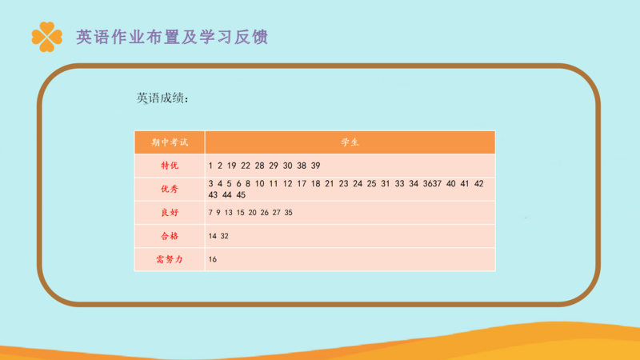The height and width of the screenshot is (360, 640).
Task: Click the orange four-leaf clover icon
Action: click(x=47, y=37)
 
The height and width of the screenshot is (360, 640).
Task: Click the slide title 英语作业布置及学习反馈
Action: click(x=172, y=37)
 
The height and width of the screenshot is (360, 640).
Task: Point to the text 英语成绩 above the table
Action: click(x=162, y=98)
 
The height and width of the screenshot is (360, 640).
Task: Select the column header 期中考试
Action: click(x=170, y=142)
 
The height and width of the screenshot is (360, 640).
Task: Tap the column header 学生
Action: click(x=350, y=142)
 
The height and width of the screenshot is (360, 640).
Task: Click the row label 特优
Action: click(x=170, y=166)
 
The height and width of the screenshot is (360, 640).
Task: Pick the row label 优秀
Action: click(x=170, y=189)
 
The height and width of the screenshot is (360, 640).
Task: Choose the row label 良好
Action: click(x=170, y=213)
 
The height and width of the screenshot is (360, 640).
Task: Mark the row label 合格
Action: click(x=170, y=236)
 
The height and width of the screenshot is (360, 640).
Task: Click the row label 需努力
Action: click(x=170, y=259)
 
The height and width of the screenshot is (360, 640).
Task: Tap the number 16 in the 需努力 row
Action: click(x=213, y=259)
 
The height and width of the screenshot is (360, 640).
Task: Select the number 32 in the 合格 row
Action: click(x=225, y=236)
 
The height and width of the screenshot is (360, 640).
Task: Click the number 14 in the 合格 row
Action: click(x=213, y=236)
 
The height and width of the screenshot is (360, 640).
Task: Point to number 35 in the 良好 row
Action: click(x=289, y=213)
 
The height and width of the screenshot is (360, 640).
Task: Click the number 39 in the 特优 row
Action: click(x=315, y=166)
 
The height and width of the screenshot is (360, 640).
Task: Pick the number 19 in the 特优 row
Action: click(x=232, y=166)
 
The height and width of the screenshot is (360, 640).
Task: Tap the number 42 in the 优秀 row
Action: click(x=478, y=184)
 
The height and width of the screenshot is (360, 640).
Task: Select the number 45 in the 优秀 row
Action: click(x=241, y=195)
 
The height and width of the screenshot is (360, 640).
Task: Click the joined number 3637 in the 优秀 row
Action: click(x=432, y=184)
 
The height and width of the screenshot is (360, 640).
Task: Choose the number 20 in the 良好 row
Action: click(x=252, y=213)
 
